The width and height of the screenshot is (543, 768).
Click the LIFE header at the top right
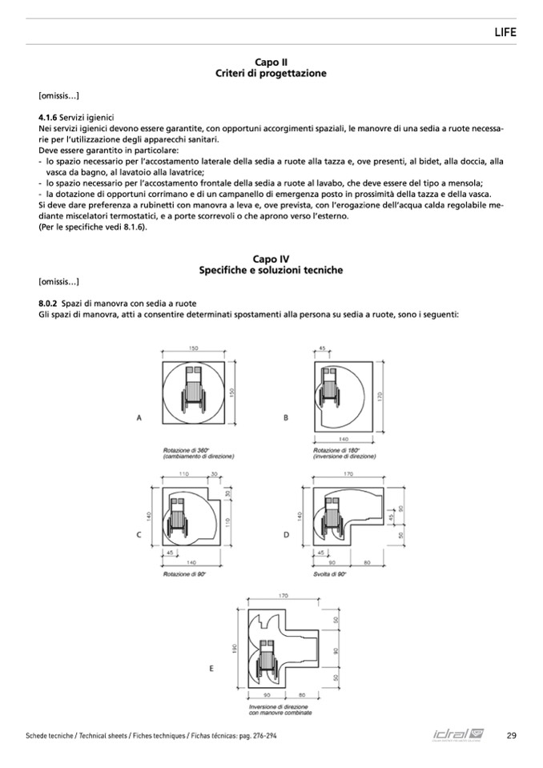505,32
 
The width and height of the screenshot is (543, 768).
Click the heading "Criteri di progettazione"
271,73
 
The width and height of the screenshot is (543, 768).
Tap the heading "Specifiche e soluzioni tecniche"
271,270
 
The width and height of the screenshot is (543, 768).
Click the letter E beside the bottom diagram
211,666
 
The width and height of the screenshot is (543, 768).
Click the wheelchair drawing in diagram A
193,390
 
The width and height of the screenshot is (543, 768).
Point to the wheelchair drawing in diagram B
329,390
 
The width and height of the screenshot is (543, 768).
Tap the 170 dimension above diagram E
283,595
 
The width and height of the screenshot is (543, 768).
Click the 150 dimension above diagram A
193,348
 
